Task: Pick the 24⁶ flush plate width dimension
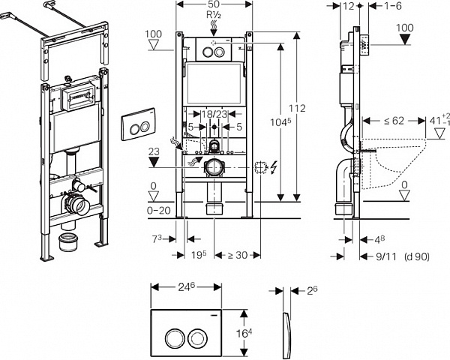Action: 186,286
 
